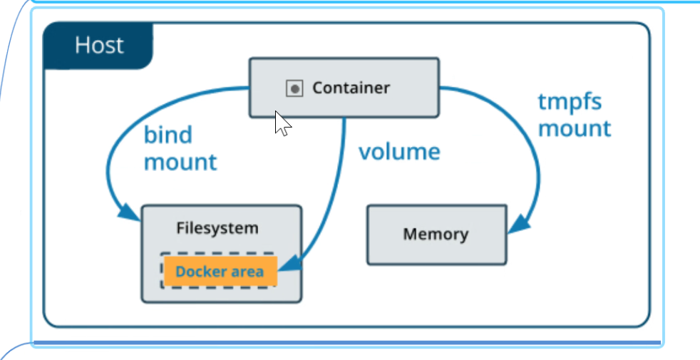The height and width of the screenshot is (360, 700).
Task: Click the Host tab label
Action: click(98, 46)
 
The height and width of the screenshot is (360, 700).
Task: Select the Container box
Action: click(344, 88)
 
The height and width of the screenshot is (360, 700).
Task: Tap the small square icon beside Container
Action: click(294, 88)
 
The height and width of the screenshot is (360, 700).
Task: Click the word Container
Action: click(351, 88)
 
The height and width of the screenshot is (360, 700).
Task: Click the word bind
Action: click(168, 134)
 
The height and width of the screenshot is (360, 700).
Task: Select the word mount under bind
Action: click(180, 162)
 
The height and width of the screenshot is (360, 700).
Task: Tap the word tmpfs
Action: click(570, 102)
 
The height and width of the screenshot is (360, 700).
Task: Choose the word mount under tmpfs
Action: click(575, 128)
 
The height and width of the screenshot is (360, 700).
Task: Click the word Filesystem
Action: click(217, 228)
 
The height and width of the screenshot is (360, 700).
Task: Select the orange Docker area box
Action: click(220, 271)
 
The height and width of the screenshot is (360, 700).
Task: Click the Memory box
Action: click(436, 235)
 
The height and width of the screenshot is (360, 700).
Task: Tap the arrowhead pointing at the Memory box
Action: click(519, 225)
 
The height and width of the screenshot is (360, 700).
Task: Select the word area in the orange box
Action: click(247, 272)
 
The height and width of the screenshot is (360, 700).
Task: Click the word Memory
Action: click(436, 235)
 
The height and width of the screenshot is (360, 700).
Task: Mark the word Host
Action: click(99, 46)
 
